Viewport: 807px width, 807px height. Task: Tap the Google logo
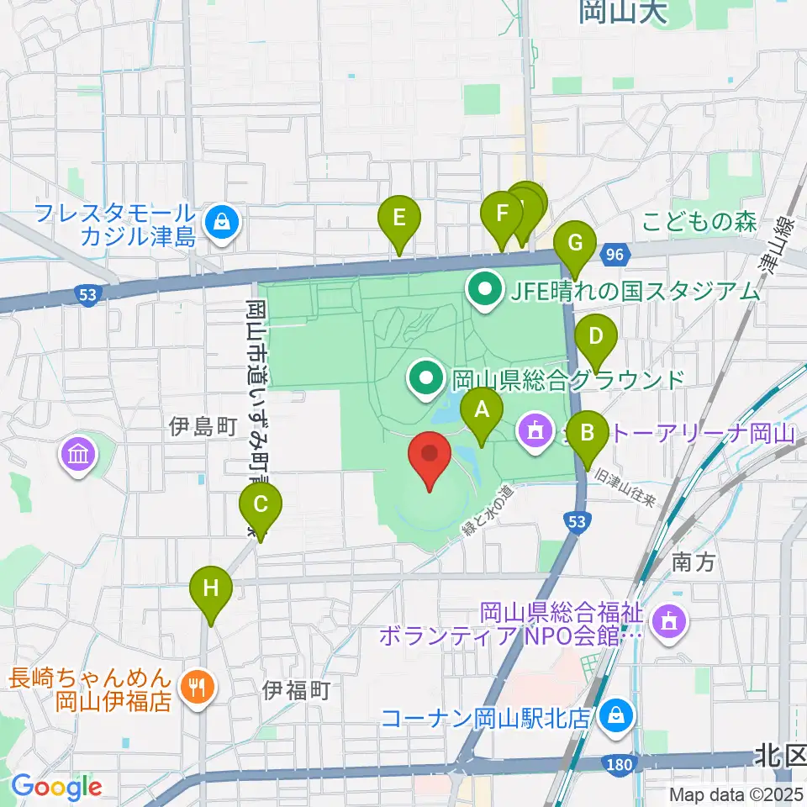point(56,788)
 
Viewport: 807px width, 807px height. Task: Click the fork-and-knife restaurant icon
point(198,688)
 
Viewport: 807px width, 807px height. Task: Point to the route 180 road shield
point(619,762)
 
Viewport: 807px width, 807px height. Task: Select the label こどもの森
point(700,223)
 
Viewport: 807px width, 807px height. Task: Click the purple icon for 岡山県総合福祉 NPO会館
point(668,623)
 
